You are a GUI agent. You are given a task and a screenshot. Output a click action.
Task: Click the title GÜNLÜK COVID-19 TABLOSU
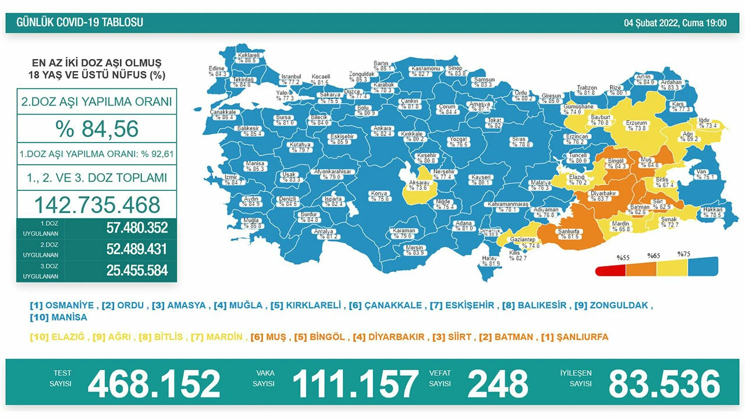[80, 23]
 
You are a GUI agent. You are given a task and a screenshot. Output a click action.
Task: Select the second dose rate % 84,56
[97, 129]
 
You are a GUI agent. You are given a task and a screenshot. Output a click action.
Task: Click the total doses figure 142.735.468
[97, 205]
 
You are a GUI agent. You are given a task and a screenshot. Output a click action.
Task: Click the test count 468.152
[154, 384]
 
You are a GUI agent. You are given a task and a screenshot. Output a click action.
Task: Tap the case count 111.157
[354, 384]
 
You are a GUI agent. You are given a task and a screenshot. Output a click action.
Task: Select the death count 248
[498, 384]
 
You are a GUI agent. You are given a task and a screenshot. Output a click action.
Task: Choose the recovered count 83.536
[664, 384]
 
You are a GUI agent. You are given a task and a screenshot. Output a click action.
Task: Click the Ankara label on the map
[382, 128]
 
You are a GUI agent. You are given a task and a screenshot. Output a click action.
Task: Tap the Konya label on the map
[379, 193]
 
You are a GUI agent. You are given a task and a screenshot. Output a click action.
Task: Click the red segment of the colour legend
[611, 271]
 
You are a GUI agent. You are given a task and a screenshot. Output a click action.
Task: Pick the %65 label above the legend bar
[654, 255]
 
